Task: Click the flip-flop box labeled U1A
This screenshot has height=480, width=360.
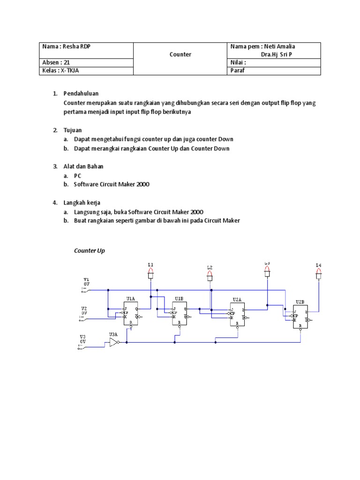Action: (130, 313)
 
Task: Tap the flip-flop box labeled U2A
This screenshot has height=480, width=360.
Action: (237, 314)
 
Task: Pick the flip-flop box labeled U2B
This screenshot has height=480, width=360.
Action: (300, 316)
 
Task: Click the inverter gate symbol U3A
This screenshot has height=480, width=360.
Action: (113, 343)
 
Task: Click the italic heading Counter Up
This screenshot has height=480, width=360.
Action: (90, 251)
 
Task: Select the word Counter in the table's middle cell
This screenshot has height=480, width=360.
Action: (180, 54)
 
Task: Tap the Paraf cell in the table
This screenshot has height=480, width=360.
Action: (238, 71)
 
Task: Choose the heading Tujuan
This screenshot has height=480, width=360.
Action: (73, 130)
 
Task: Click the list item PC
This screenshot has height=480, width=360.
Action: (78, 175)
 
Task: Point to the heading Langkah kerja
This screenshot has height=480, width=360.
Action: (82, 202)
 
